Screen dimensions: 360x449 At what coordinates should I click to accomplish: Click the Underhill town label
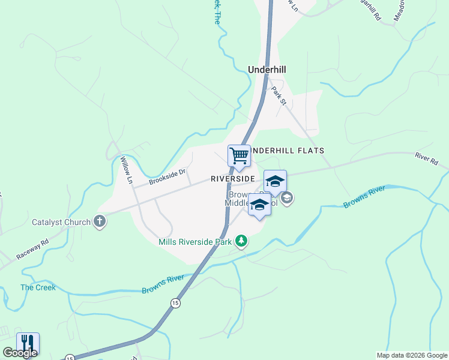[267, 70]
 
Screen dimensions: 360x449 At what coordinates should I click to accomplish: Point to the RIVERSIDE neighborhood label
[234, 179]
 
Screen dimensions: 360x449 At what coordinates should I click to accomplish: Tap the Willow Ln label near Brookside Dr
[126, 170]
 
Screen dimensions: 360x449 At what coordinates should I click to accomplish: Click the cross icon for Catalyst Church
[100, 222]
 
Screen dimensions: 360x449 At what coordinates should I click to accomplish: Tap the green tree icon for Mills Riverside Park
[241, 241]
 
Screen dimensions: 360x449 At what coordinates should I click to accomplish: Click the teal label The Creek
[38, 287]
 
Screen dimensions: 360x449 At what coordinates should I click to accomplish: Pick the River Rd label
[427, 159]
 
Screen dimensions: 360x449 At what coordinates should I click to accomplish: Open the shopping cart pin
[239, 156]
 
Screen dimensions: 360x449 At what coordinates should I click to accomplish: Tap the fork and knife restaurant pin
[28, 343]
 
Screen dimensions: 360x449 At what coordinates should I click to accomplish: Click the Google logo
[20, 353]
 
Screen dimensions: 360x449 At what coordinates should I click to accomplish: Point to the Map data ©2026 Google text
[412, 355]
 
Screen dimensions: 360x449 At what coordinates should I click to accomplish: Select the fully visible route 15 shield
[175, 303]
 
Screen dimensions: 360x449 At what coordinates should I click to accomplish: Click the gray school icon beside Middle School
[287, 198]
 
